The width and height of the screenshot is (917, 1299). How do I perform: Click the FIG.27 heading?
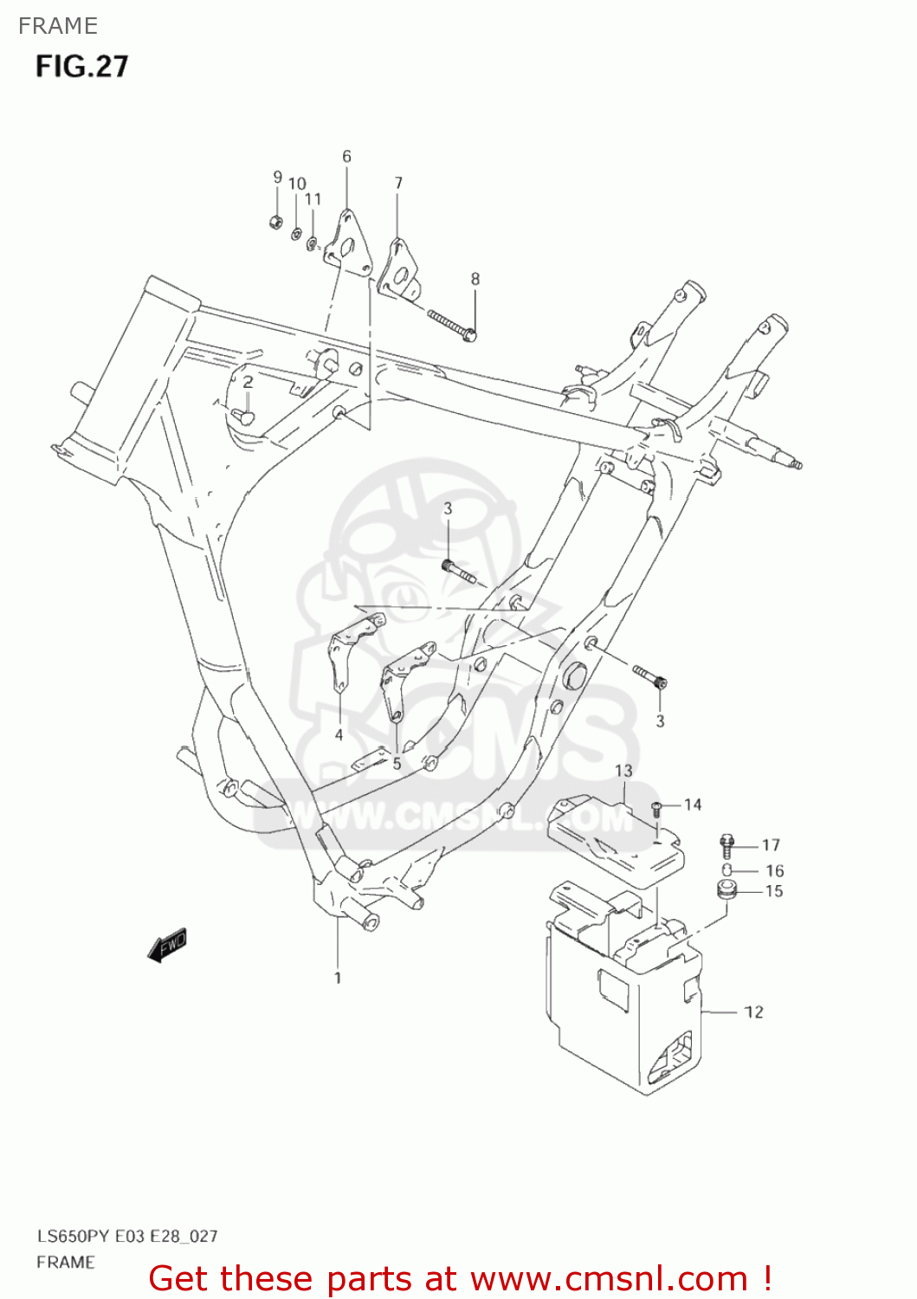(x=81, y=67)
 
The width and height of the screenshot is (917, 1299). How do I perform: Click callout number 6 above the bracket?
(x=346, y=157)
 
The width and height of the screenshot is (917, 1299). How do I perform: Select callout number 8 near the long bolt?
(x=475, y=279)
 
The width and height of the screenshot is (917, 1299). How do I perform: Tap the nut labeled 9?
(x=275, y=222)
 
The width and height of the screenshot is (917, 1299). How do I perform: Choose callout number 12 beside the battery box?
(x=753, y=1011)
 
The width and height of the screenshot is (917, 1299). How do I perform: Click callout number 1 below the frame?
(x=338, y=978)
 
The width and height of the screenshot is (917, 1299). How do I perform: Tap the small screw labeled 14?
(x=656, y=809)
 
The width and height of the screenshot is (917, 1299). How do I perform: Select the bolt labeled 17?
(x=726, y=844)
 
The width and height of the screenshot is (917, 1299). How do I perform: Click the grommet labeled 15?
(x=726, y=889)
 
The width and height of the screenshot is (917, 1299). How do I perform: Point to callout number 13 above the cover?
(x=623, y=770)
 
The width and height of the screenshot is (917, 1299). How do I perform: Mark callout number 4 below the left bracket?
(x=339, y=735)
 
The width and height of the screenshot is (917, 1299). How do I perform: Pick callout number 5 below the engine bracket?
(x=397, y=763)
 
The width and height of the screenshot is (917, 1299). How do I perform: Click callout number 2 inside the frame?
(x=248, y=382)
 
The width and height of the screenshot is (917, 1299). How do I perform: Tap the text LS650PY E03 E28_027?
(x=127, y=1236)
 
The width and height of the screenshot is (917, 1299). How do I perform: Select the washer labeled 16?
(x=727, y=869)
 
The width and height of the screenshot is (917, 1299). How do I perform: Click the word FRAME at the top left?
(x=58, y=26)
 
